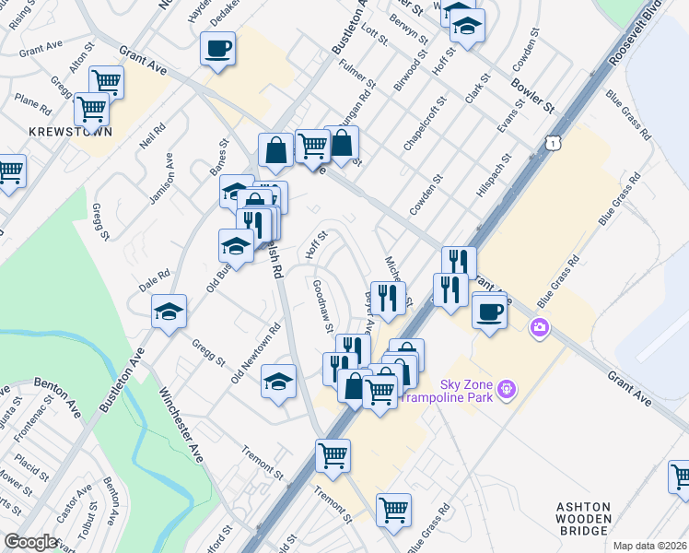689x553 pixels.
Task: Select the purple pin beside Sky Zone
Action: [x=505, y=392]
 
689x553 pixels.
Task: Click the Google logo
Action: [x=30, y=542]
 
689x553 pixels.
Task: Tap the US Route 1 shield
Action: [x=551, y=144]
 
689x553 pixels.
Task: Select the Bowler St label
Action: [x=532, y=96]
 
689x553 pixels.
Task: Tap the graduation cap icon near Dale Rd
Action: [x=169, y=312]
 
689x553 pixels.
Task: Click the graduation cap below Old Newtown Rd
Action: [x=278, y=382]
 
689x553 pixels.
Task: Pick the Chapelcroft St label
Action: [x=424, y=123]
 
